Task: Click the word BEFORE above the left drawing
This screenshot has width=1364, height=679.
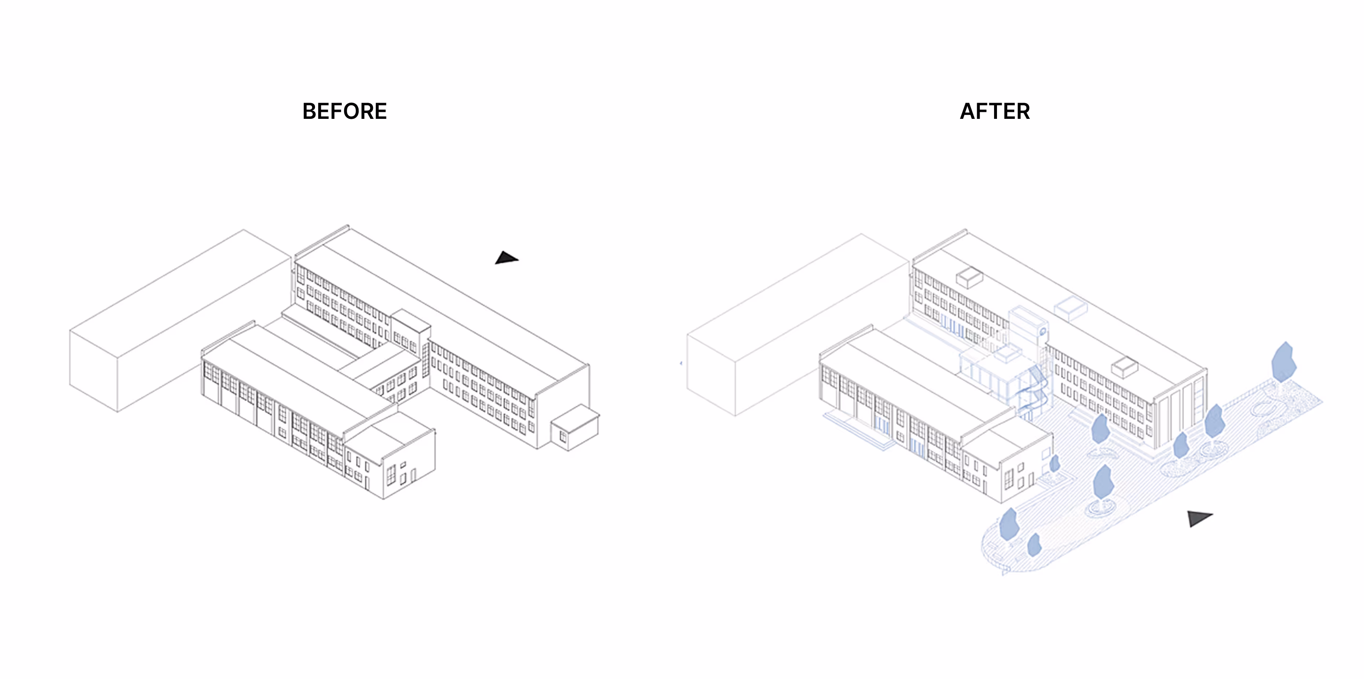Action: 344,111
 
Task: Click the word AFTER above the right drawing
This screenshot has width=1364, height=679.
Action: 994,111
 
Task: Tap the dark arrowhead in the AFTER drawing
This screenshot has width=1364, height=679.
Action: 1198,518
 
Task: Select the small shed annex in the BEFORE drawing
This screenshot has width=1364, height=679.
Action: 575,428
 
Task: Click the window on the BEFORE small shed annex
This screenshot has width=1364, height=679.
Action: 562,437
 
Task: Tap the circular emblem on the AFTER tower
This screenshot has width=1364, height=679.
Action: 1042,332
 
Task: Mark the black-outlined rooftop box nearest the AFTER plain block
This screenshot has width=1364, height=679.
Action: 969,277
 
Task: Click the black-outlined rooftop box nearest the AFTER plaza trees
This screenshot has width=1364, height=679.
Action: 1124,366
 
